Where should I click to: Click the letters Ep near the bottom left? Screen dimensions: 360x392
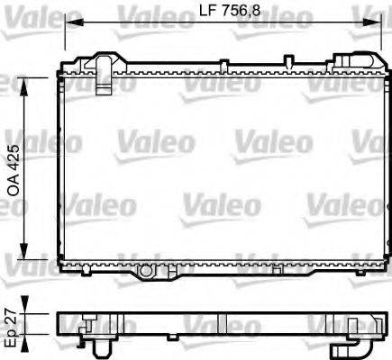pos(11,338)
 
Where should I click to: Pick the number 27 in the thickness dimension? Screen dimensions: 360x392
pos(11,317)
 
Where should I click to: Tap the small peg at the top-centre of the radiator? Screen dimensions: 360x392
pos(287,61)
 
